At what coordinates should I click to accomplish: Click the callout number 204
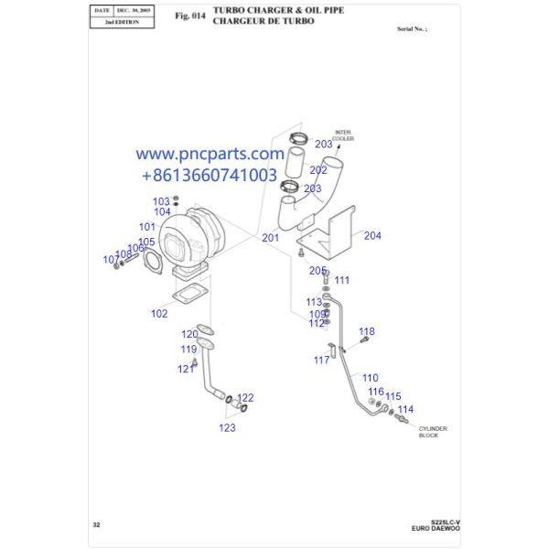[x=371, y=235]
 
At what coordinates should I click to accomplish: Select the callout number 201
[x=270, y=238]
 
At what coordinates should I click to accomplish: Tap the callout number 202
[x=318, y=169]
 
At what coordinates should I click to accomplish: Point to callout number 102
[x=159, y=313]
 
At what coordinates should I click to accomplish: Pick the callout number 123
[x=227, y=427]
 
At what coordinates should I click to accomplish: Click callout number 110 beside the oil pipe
[x=369, y=377]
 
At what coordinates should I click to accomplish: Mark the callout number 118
[x=366, y=331]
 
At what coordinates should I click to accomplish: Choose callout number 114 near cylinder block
[x=405, y=409]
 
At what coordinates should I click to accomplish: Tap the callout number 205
[x=318, y=270]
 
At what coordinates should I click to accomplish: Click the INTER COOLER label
[x=343, y=135]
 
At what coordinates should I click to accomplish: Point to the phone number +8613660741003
[x=210, y=174]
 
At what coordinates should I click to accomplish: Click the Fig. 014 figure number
[x=188, y=16]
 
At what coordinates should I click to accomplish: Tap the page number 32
[x=96, y=524]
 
